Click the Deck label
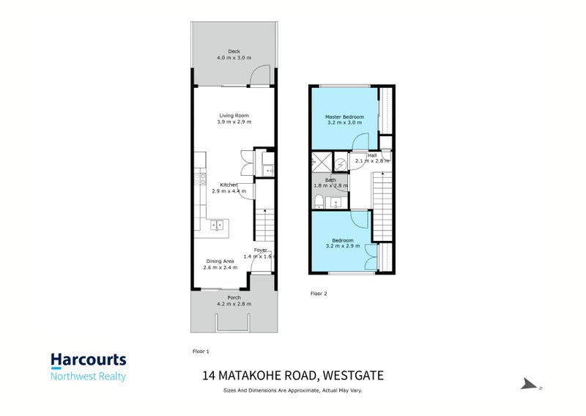tap(234, 51)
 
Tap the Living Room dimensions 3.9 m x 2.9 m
tap(234, 122)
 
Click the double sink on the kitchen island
tap(218, 226)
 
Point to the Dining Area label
tap(220, 261)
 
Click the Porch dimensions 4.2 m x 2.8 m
tap(234, 303)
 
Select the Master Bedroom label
tap(344, 117)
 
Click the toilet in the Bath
tap(319, 199)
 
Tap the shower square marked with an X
tap(321, 161)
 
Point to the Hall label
tap(372, 155)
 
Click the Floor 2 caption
tap(319, 294)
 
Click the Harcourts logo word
tap(88, 360)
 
